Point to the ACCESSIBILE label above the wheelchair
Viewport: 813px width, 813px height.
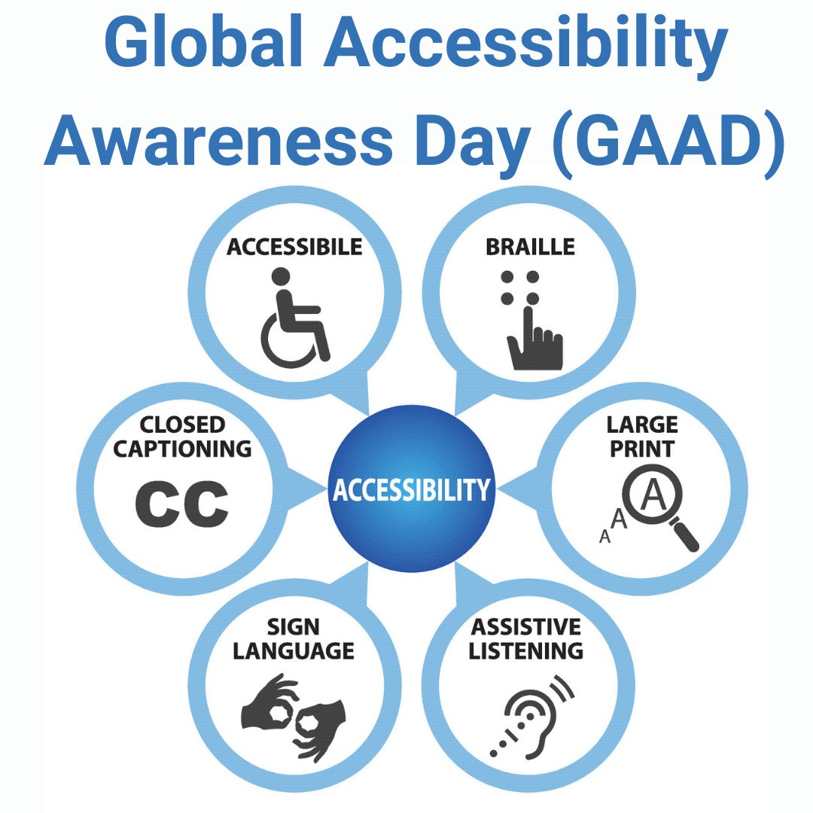point(294,246)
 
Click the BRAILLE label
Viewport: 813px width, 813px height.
point(530,246)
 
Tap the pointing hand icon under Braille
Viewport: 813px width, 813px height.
point(534,339)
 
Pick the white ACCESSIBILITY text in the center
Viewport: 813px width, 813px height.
point(411,490)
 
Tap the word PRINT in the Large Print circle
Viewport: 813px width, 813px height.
point(642,449)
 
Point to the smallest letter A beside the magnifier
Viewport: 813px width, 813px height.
point(604,537)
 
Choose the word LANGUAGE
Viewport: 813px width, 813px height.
point(294,650)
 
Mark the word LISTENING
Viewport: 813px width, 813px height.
point(526,650)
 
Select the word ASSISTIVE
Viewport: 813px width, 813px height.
point(526,626)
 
